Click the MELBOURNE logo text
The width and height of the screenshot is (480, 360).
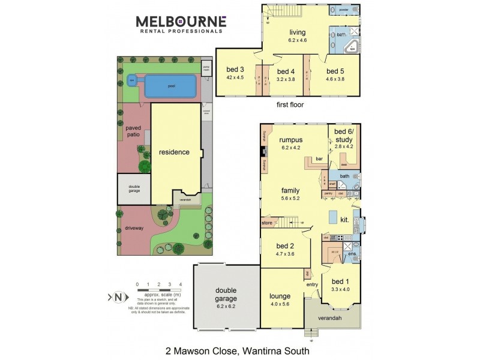(181, 22)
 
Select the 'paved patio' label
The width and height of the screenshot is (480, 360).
(137, 131)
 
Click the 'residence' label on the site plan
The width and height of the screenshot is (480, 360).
(174, 152)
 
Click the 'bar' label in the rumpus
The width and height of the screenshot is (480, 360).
(319, 160)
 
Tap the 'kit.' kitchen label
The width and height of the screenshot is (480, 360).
(345, 220)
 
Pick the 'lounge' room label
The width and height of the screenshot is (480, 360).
(280, 296)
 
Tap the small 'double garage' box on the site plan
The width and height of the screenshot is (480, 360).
(134, 188)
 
